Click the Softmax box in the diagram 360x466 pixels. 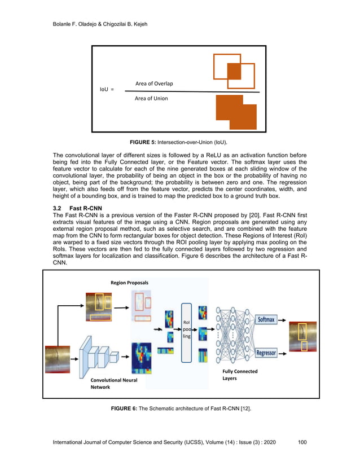point(266,320)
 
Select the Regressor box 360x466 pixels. point(266,353)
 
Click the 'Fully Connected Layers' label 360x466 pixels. point(240,375)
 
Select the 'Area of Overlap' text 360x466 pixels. point(154,84)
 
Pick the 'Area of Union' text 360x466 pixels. point(151,99)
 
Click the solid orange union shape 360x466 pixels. point(235,113)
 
